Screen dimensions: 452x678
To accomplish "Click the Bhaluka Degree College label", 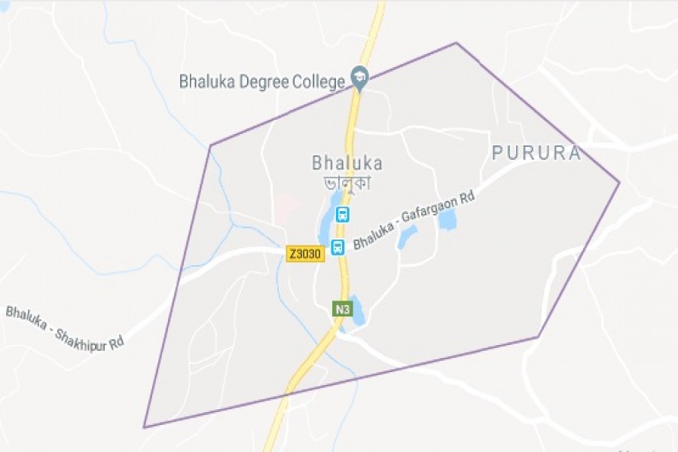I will (261, 81).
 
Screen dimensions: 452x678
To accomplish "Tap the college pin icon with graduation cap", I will (360, 79).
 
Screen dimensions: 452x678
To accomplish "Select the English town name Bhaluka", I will (347, 163).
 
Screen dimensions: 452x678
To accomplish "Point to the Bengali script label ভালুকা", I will (348, 182).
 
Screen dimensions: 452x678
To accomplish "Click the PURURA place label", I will (536, 154).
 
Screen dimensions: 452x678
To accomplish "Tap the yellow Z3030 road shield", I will (305, 255).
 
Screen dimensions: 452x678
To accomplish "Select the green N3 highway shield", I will (343, 309).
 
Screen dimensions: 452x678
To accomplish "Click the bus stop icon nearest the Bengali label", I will (343, 214).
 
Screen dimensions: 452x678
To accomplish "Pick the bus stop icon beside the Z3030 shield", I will (338, 246).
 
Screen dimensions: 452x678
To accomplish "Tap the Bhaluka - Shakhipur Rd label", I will (64, 326).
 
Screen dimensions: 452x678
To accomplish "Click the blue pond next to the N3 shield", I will (355, 310).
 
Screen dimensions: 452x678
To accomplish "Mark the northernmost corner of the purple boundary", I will (456, 43).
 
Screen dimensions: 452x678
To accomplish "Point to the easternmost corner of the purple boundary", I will (619, 182).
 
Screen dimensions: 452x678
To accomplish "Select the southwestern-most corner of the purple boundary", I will (144, 427).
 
